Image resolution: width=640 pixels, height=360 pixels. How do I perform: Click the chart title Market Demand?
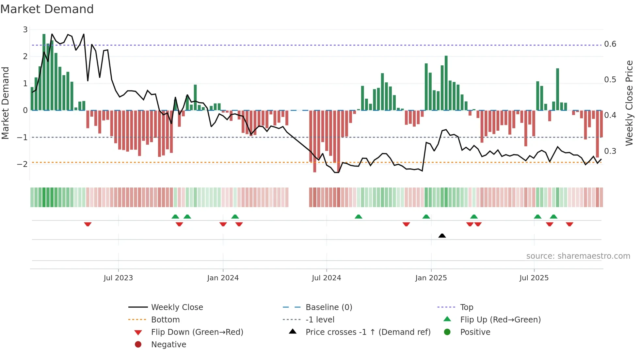click(47, 9)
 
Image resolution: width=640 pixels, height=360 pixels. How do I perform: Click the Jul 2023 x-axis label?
click(118, 278)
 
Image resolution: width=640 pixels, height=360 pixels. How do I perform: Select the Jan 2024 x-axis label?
click(223, 278)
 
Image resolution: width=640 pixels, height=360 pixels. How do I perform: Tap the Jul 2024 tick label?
click(327, 278)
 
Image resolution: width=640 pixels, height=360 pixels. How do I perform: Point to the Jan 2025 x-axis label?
click(431, 278)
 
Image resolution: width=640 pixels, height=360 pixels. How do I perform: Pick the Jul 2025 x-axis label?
click(534, 278)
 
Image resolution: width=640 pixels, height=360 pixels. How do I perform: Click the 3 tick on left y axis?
click(25, 30)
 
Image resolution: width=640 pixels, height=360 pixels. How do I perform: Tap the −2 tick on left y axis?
click(23, 164)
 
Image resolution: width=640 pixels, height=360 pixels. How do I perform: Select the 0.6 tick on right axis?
click(610, 44)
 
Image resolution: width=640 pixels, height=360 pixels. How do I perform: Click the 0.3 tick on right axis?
click(610, 151)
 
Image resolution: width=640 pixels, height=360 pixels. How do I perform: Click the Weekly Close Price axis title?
click(629, 103)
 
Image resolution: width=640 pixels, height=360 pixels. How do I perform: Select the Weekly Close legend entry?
click(177, 307)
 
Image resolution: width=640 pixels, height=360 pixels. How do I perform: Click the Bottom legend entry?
click(165, 320)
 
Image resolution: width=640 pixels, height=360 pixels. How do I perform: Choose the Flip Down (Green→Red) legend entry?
click(197, 332)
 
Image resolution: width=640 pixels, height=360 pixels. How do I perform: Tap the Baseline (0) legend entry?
click(329, 307)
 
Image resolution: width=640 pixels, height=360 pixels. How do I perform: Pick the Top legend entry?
click(467, 307)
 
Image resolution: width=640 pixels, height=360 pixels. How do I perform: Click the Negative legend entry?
click(168, 345)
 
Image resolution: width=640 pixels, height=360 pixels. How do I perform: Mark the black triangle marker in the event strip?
click(442, 236)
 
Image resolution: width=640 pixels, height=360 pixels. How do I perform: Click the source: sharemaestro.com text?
click(578, 256)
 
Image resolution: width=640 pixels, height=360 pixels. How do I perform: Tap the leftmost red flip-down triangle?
click(88, 224)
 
